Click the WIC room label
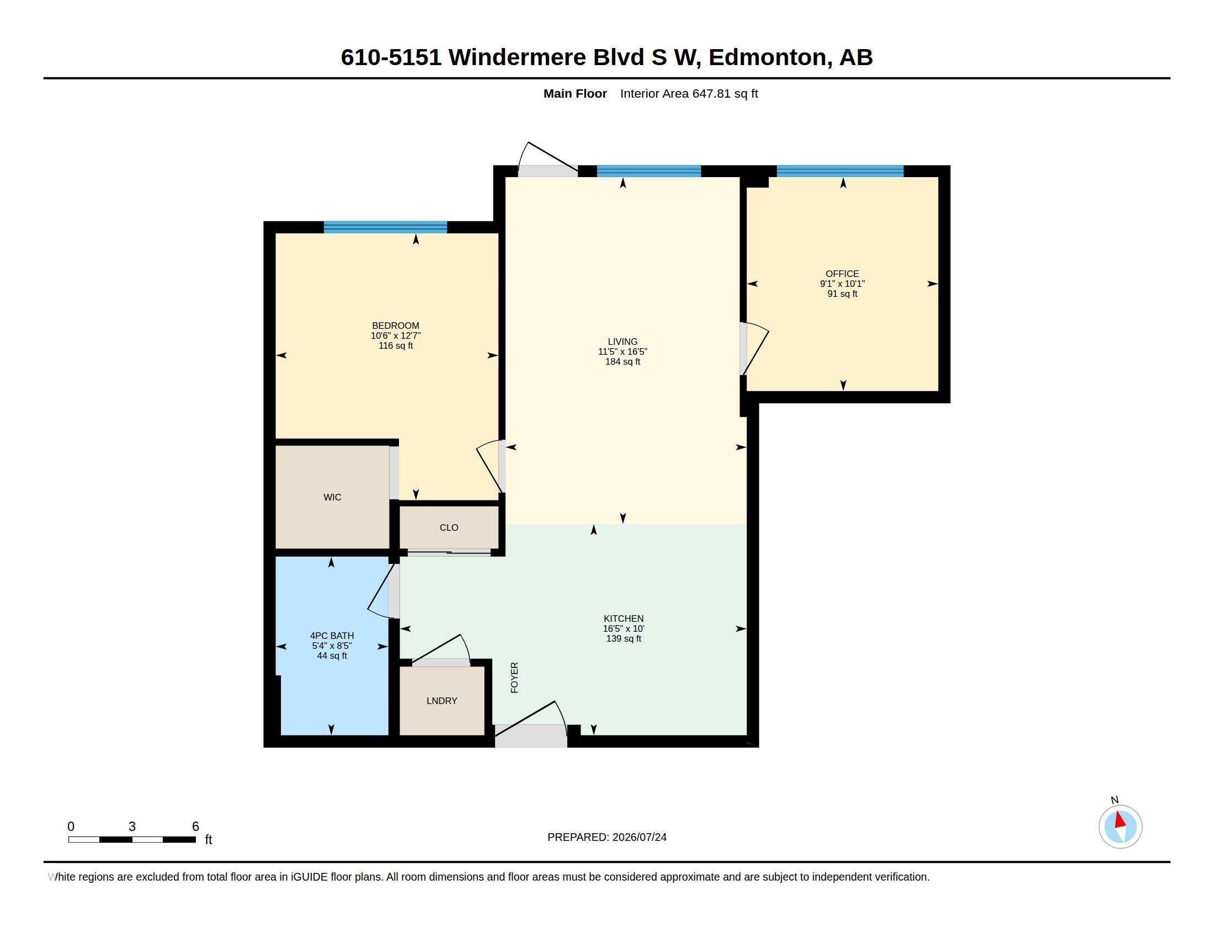[332, 497]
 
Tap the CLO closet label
[449, 527]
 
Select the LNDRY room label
[442, 701]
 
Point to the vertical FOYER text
[515, 678]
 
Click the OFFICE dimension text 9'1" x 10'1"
[842, 284]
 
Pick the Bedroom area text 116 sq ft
[396, 345]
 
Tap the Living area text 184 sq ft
[622, 362]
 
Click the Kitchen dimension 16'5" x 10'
[624, 628]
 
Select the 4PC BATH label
[332, 636]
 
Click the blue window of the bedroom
[385, 227]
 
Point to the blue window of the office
[840, 171]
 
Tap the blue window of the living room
[649, 171]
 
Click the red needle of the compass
[1121, 820]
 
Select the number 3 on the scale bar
[132, 827]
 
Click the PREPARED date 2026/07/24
[639, 837]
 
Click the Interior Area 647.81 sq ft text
[689, 93]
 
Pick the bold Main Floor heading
[576, 93]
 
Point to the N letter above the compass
[1115, 800]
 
